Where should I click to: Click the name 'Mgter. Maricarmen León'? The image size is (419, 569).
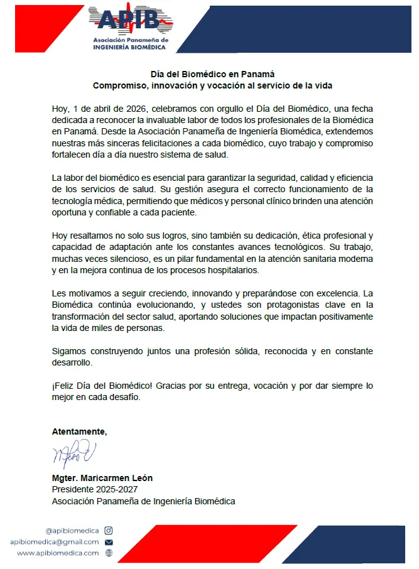coord(102,478)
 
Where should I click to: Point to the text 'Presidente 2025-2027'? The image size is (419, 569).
coord(94,489)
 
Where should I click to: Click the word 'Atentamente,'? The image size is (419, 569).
coord(79,431)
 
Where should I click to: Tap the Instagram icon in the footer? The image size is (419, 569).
coord(109,531)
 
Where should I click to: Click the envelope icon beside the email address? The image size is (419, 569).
coord(109,542)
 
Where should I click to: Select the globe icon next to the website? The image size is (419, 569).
coord(109,553)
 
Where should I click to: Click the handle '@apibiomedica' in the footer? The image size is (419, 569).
coord(72,531)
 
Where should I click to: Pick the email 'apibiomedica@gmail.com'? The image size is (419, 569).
coord(55,542)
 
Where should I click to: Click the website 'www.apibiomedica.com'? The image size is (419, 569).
coord(58,553)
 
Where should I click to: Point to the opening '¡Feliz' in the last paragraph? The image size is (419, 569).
coord(63,386)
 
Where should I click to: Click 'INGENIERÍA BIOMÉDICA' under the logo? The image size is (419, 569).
coord(130,47)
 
